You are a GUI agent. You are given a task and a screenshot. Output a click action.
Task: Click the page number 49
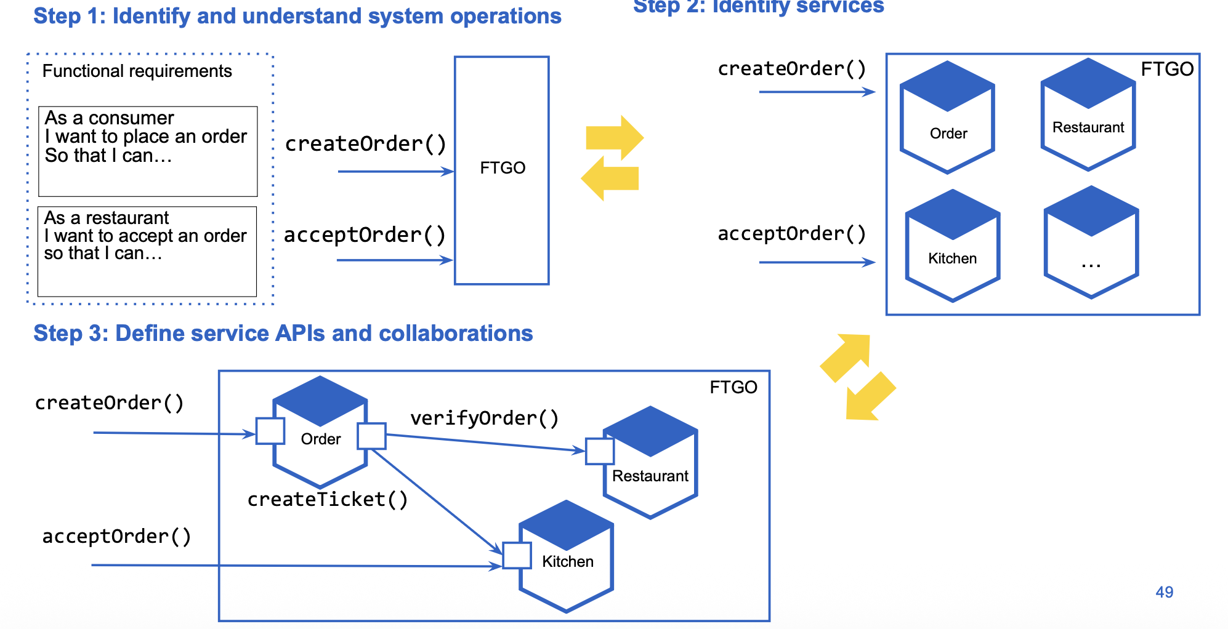(x=1164, y=592)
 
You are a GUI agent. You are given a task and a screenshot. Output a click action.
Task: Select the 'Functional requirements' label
(x=137, y=71)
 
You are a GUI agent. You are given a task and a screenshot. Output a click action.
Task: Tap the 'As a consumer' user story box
(x=148, y=151)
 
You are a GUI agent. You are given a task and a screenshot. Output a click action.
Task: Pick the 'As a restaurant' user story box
(x=147, y=251)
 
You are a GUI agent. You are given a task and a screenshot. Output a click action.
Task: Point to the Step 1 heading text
(x=297, y=17)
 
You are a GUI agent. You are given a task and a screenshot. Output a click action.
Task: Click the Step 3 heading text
(x=283, y=334)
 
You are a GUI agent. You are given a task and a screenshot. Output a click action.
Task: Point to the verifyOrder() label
(x=485, y=419)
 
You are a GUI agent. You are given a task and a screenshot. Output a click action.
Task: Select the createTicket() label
(x=328, y=499)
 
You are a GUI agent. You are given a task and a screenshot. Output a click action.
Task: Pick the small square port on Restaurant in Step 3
(x=600, y=451)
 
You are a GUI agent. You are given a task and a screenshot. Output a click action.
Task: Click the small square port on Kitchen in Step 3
(x=517, y=556)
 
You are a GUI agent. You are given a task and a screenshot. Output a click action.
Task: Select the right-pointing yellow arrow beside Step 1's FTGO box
(x=614, y=137)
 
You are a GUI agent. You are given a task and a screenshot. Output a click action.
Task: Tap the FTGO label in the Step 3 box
(x=733, y=387)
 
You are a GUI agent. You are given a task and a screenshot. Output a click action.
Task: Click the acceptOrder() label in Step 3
(x=116, y=537)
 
